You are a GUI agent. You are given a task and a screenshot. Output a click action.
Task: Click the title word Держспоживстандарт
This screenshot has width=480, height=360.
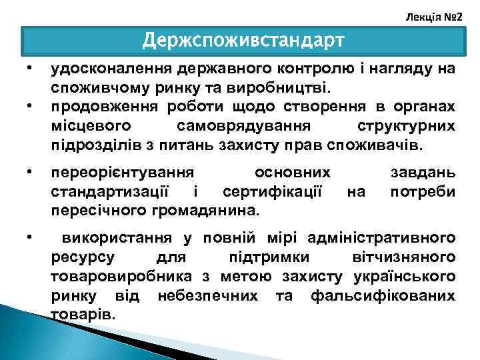coord(243,41)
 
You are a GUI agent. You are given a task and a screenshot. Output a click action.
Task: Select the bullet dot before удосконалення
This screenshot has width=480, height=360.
coord(29,69)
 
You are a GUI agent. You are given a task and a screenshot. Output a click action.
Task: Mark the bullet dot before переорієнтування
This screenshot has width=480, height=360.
coord(29,173)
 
